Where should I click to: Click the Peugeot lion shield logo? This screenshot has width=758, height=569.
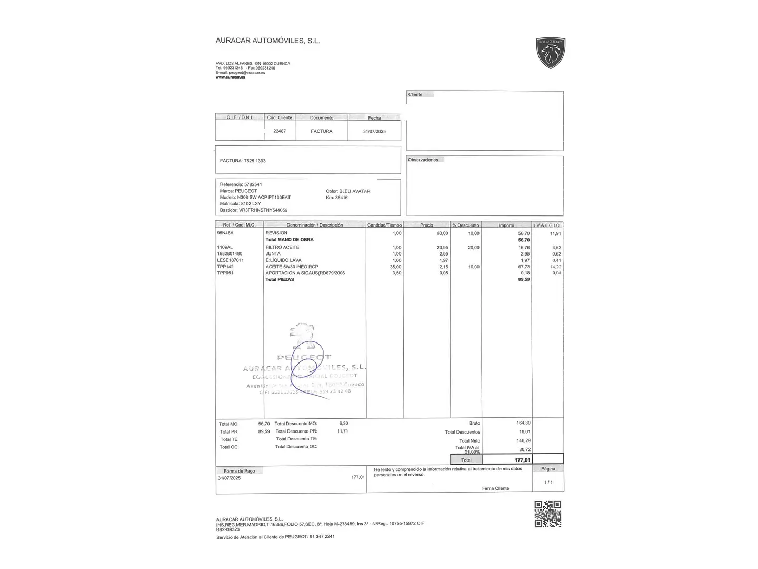click(550, 53)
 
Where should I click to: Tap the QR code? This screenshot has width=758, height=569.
click(547, 514)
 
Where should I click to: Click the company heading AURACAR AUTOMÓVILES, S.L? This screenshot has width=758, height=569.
click(267, 41)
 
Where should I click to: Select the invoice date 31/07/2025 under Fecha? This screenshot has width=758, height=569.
click(374, 131)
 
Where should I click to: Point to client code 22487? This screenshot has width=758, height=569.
click(280, 131)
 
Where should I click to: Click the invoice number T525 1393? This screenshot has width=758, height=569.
click(254, 161)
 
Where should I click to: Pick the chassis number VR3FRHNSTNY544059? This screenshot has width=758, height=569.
click(263, 210)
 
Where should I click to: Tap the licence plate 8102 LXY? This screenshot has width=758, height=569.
click(251, 204)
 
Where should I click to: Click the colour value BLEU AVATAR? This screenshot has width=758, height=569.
click(355, 191)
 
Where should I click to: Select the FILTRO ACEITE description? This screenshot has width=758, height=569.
click(282, 247)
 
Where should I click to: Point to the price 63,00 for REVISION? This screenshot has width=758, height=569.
click(442, 233)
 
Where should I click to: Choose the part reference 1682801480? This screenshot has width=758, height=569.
click(230, 253)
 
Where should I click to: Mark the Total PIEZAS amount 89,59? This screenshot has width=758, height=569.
click(523, 279)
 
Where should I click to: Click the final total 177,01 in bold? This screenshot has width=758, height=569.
click(522, 460)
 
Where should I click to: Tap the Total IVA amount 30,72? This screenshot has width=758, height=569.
click(524, 449)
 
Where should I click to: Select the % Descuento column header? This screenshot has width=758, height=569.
click(465, 225)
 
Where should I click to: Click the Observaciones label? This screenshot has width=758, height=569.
click(423, 160)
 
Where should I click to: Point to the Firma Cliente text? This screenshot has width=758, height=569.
click(495, 488)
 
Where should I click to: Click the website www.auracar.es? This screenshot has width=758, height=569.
click(230, 77)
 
